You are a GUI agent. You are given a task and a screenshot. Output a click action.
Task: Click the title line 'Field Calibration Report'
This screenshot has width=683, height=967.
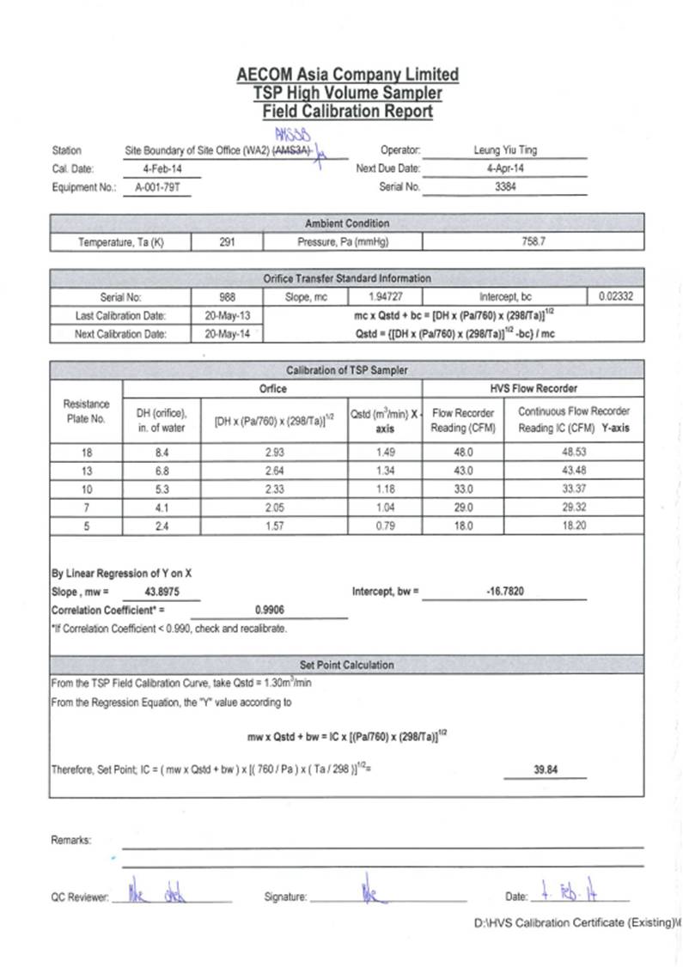pyautogui.click(x=347, y=112)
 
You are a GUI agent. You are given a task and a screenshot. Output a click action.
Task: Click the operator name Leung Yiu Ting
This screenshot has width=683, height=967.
pyautogui.click(x=505, y=149)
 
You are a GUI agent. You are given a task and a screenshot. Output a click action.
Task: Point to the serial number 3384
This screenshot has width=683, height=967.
pyautogui.click(x=505, y=186)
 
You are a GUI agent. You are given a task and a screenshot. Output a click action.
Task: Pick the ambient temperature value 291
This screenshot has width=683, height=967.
pyautogui.click(x=227, y=242)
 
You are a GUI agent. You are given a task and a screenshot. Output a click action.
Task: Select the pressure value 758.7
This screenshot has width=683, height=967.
pyautogui.click(x=533, y=242)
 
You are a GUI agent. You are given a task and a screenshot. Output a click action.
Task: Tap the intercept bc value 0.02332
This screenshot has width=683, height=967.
pyautogui.click(x=613, y=296)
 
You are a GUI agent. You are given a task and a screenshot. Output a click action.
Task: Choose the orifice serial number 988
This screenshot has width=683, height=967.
pyautogui.click(x=228, y=296)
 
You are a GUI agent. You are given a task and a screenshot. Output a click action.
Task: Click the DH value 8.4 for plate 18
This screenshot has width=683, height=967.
pyautogui.click(x=156, y=452)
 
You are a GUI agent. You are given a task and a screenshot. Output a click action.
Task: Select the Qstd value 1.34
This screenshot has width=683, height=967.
pyautogui.click(x=386, y=470)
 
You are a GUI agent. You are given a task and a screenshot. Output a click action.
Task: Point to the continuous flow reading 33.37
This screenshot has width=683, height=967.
pyautogui.click(x=574, y=489)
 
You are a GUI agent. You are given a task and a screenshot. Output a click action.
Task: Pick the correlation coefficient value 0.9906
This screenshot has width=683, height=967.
pyautogui.click(x=269, y=610)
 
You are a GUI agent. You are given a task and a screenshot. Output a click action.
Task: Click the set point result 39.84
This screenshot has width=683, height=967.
pyautogui.click(x=546, y=769)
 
